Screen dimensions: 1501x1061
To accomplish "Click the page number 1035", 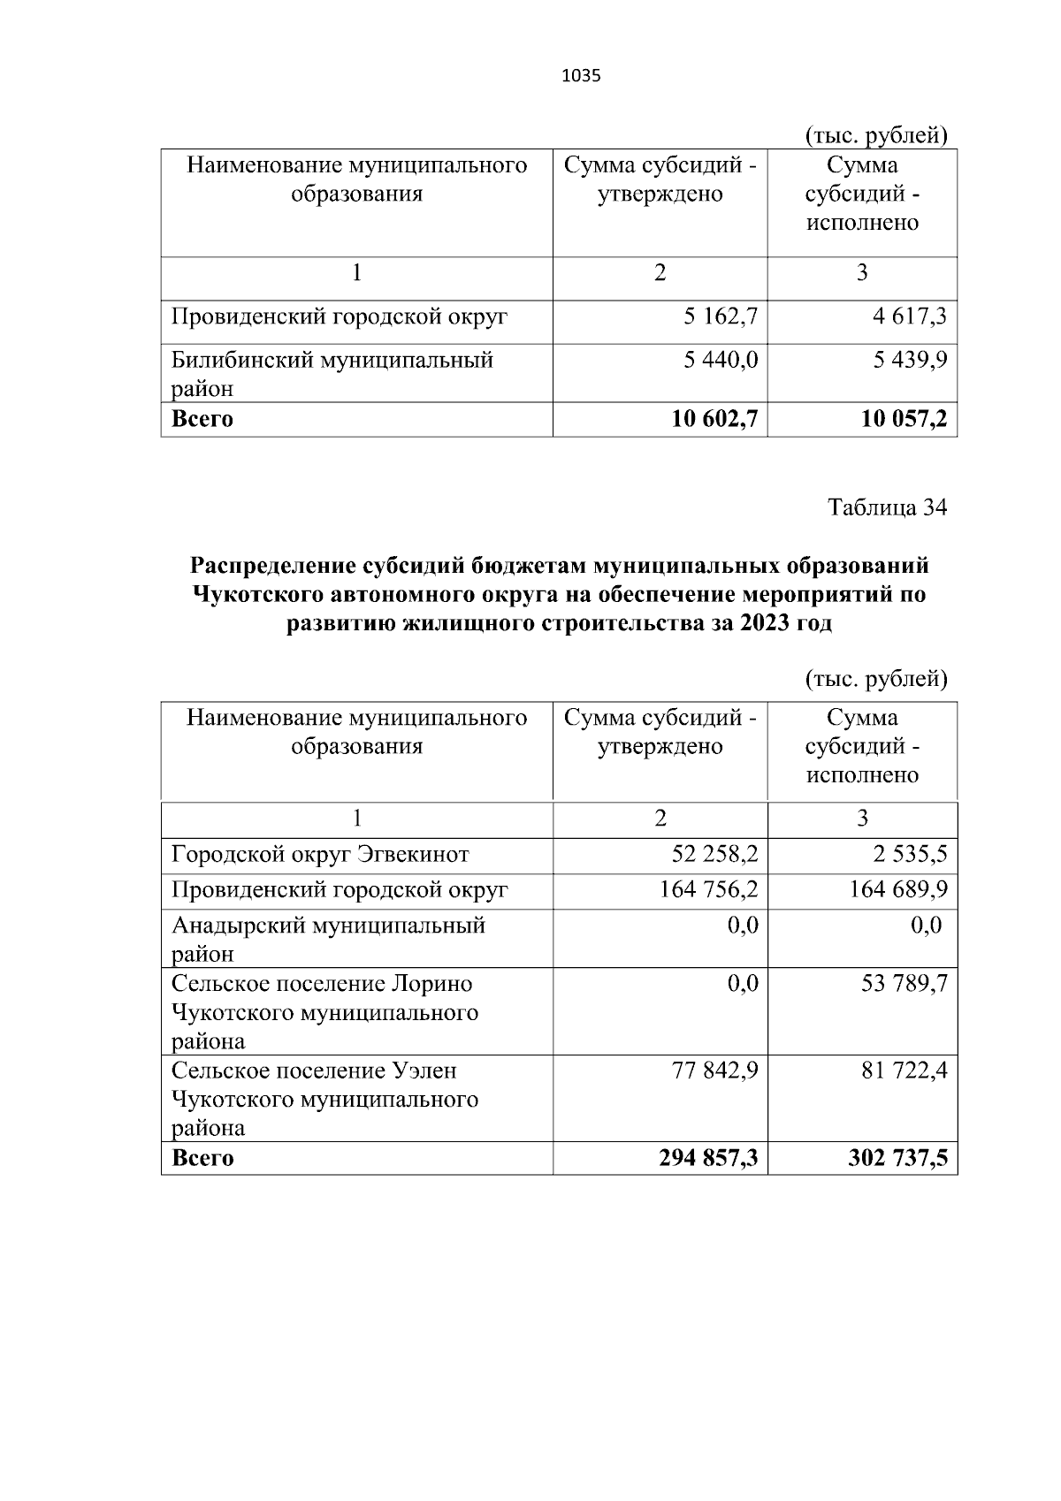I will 581,76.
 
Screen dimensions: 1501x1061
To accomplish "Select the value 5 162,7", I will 721,316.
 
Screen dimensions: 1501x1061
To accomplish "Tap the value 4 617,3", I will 910,316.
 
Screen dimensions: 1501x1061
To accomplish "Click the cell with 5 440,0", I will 721,360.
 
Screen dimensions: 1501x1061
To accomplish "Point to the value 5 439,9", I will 910,360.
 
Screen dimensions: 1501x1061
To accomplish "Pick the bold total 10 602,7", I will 714,419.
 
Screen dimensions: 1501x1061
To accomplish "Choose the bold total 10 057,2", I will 904,419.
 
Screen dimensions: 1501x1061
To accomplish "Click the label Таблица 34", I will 887,507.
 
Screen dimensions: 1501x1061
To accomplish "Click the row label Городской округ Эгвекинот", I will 320,855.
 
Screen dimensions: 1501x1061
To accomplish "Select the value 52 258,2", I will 715,855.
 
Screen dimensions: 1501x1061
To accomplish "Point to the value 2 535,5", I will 910,855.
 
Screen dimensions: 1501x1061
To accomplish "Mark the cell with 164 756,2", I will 709,889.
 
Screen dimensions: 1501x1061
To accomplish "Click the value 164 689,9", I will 898,889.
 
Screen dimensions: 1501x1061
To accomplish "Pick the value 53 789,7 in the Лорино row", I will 904,983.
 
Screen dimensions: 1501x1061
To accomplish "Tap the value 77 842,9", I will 715,1071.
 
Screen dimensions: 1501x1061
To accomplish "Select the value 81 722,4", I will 904,1071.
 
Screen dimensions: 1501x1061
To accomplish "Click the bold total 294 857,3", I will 708,1158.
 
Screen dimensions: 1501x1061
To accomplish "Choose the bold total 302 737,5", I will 897,1158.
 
